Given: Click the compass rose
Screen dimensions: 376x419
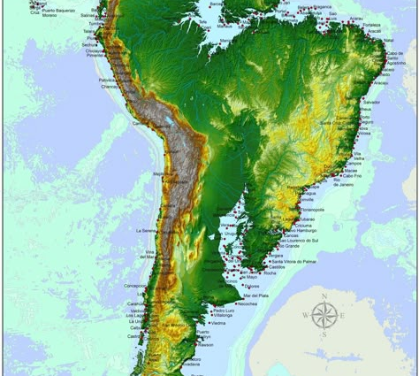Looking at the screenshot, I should (325, 313).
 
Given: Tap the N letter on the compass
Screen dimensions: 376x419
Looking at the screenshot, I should (325, 296).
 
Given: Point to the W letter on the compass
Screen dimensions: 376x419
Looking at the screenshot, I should (306, 314).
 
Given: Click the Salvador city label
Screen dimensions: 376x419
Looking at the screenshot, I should (370, 103).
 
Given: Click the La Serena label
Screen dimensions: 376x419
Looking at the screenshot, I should (145, 230).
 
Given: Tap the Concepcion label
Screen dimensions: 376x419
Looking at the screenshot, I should (136, 286).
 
